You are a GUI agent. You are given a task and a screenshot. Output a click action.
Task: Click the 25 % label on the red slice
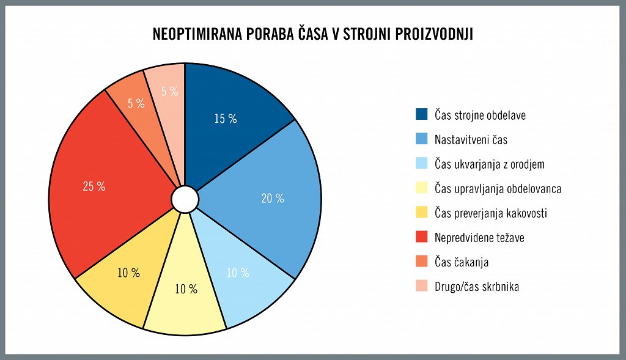point(94,186)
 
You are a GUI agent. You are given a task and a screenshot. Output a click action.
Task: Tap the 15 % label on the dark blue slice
point(226,119)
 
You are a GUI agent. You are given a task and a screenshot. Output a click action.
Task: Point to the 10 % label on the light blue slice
point(238,273)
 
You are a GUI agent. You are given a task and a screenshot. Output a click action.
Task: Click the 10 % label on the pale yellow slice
point(186,289)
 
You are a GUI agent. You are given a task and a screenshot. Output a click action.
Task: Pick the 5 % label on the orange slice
point(136,103)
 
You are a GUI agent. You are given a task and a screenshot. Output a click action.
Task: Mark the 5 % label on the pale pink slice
point(170,91)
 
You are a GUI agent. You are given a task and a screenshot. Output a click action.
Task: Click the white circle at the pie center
point(185,199)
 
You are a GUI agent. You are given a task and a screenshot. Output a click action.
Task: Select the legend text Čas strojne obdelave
point(480,115)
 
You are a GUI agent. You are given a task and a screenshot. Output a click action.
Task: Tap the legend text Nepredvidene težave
point(479,237)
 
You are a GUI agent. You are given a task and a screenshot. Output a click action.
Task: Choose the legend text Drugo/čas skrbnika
point(477,286)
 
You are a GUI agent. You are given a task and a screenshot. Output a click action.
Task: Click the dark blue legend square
point(422,114)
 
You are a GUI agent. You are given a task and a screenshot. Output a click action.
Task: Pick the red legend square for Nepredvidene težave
point(422,237)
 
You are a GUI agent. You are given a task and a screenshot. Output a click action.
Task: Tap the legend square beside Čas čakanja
point(422,261)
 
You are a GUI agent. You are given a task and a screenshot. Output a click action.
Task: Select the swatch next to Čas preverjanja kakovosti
point(422,212)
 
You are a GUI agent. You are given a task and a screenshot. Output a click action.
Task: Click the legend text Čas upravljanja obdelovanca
point(498,189)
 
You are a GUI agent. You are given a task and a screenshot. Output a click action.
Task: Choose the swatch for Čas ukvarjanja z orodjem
point(422,163)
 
